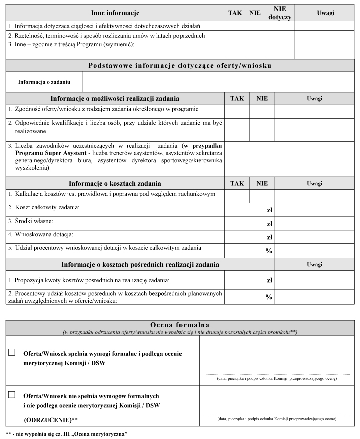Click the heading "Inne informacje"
(115, 12)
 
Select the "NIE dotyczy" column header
(280, 13)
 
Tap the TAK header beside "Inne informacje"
(234, 12)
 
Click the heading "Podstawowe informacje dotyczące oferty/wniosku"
(180, 65)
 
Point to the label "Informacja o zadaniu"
(44, 82)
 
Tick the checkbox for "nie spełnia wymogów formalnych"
(12, 395)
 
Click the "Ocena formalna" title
(180, 325)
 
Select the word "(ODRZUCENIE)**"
(51, 418)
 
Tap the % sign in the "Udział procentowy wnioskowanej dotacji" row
(269, 250)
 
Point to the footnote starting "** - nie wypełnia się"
(66, 434)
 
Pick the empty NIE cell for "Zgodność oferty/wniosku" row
(262, 111)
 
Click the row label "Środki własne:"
(31, 221)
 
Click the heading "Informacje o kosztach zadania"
(115, 184)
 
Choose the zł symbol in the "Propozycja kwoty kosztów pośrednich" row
(269, 280)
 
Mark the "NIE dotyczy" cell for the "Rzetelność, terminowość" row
(280, 36)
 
